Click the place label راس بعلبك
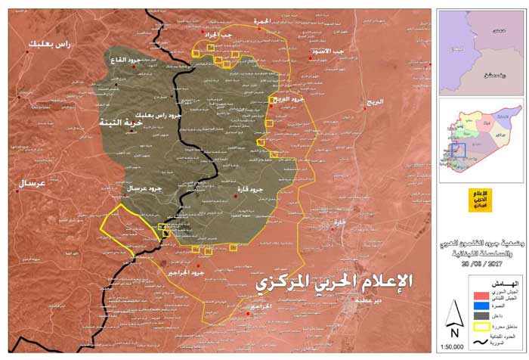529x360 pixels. [52, 45]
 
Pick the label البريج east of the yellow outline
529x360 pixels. [371, 101]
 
